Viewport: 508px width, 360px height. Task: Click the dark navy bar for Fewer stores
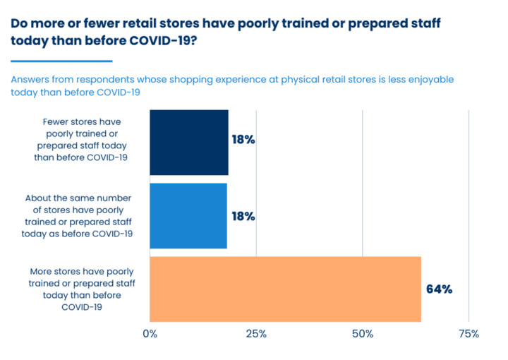point(189,143)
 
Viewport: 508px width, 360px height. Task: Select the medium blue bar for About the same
point(188,216)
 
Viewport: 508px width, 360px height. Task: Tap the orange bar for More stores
point(286,289)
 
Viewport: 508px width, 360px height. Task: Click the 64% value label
point(439,289)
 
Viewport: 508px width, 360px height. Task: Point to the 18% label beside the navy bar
point(243,140)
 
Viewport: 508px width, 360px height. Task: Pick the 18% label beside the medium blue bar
point(243,217)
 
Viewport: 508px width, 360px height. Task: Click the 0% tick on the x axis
point(150,334)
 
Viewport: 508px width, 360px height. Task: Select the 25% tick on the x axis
point(256,334)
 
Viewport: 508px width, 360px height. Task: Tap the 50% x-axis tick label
point(363,334)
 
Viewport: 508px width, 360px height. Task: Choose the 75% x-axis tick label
point(468,334)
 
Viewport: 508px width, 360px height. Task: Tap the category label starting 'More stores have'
point(83,289)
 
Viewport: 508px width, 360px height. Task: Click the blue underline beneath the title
point(61,61)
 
